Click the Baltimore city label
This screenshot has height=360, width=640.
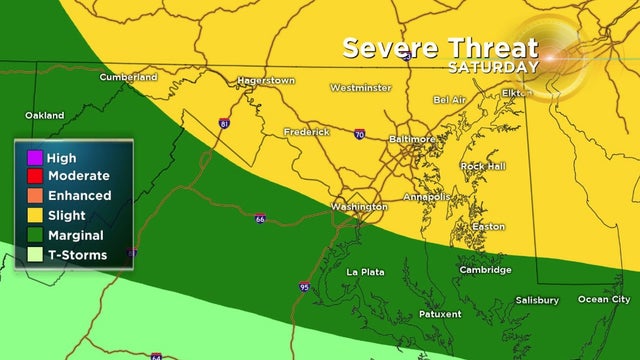click(411, 138)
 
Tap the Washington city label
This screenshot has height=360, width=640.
click(358, 207)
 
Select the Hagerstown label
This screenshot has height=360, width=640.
click(265, 79)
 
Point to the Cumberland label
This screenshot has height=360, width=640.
click(129, 77)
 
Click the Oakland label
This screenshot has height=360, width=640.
click(45, 115)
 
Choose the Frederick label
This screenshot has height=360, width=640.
click(306, 131)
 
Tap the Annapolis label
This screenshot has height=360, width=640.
click(425, 196)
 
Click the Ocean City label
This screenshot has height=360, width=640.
click(604, 299)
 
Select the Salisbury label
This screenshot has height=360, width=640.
click(537, 299)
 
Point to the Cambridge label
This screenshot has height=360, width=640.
click(485, 270)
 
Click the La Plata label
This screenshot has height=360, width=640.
click(366, 272)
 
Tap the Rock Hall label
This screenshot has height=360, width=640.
click(485, 165)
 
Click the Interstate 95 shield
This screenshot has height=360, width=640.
click(304, 287)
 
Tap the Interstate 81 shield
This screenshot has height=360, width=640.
click(225, 124)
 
